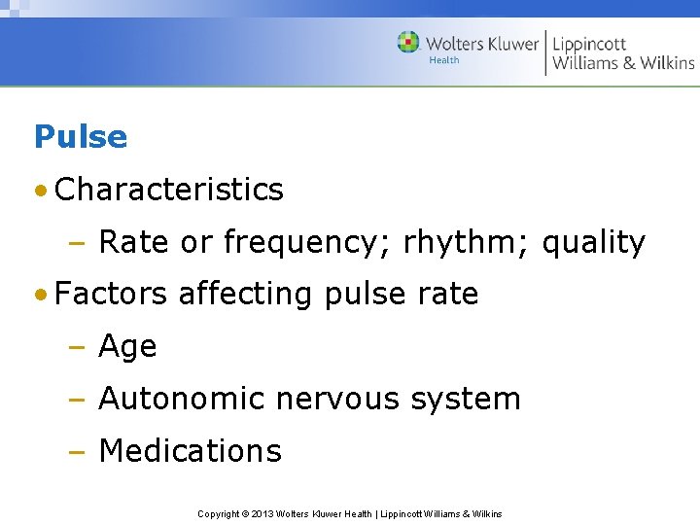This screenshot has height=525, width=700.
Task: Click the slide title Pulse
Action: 81,136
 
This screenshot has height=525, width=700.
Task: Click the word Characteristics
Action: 169,190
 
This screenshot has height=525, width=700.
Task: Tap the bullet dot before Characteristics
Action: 41,190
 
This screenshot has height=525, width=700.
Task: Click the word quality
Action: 593,243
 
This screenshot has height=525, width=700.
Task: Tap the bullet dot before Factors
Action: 41,294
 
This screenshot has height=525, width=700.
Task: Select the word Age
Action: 127,347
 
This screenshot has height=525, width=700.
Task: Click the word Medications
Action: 191,451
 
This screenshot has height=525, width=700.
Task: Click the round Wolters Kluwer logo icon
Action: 408,43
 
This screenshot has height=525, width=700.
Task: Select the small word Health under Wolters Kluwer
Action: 444,60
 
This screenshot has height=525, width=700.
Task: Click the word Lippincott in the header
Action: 589,44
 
